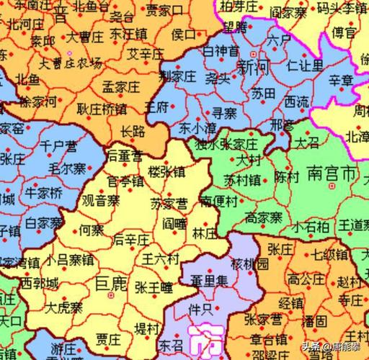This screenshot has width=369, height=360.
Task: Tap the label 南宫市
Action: [x=329, y=174]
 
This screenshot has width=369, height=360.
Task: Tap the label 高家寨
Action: [x=264, y=217]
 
